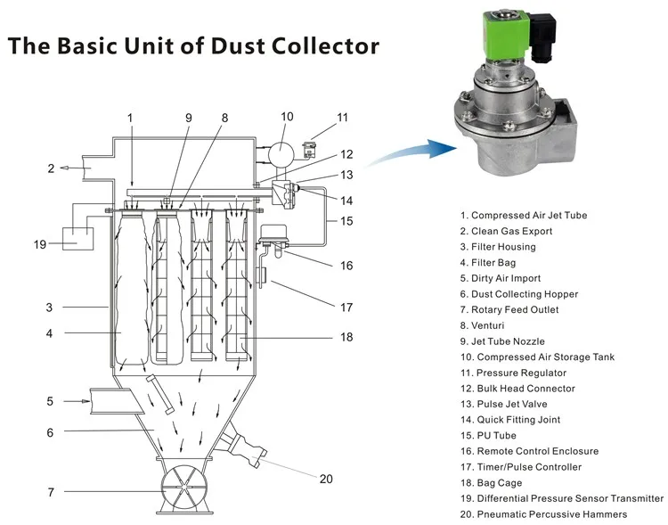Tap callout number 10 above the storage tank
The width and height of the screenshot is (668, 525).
pos(287,117)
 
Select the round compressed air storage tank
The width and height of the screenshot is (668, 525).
pos(281,153)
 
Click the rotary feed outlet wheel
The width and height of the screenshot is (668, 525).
pos(184,486)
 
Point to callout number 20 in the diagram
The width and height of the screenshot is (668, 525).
pos(326,479)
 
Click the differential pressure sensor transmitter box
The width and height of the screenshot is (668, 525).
pos(78,239)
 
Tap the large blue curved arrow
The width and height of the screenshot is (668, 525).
pos(412,152)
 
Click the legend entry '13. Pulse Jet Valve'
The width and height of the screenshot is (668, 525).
pos(503,404)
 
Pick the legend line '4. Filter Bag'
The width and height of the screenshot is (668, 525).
pos(488,263)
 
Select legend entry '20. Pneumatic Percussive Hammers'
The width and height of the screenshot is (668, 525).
pos(543,514)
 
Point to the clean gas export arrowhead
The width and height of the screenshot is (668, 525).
pos(64,168)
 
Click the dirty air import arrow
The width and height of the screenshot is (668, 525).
pos(77,401)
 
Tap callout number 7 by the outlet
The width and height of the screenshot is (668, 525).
pos(51,492)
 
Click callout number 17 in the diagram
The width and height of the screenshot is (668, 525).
pos(346,308)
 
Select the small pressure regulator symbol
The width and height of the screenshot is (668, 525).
pos(310,149)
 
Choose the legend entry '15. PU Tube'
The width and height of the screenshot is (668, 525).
pos(488,436)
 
